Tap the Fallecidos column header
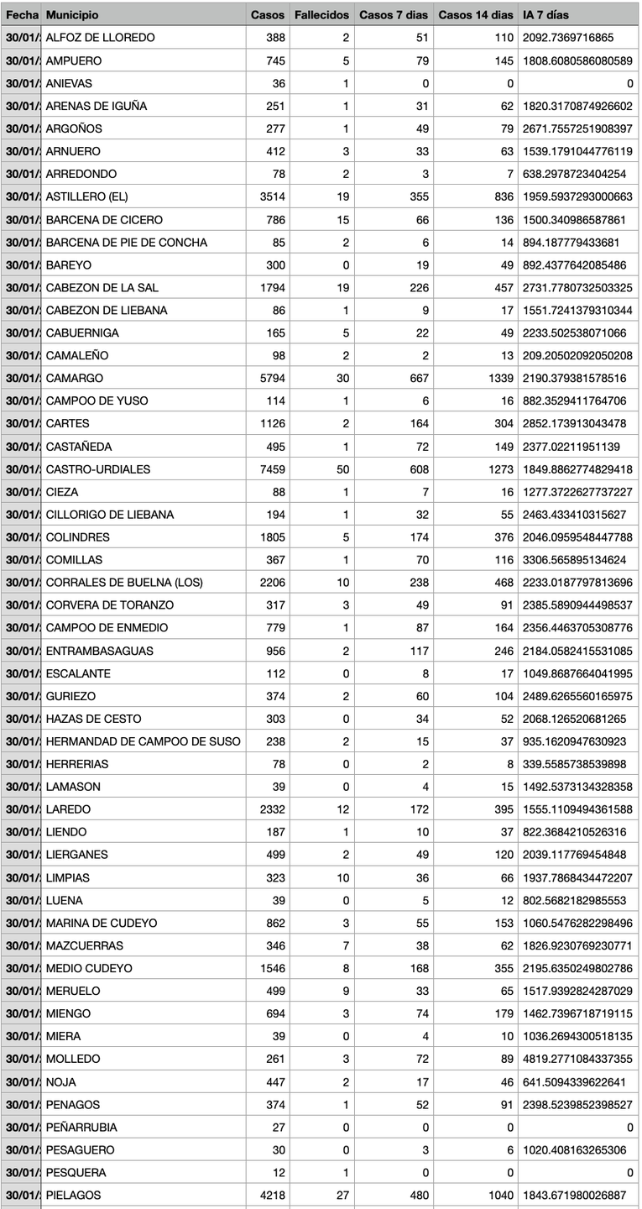click(321, 15)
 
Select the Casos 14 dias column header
click(475, 15)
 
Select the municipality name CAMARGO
click(75, 378)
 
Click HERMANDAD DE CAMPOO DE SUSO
click(143, 741)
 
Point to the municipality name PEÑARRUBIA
click(81, 1127)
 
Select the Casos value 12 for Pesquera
click(278, 1172)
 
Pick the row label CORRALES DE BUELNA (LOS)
click(124, 582)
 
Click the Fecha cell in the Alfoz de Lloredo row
click(21, 38)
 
